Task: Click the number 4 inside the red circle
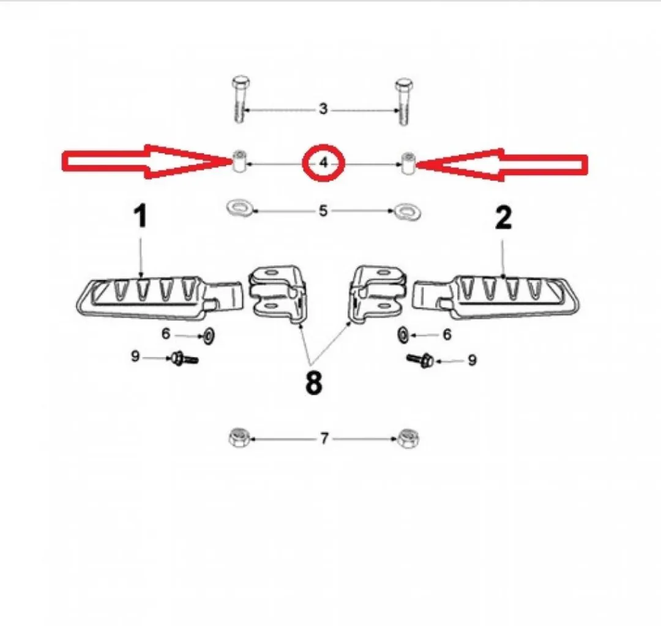point(323,162)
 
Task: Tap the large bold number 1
point(140,216)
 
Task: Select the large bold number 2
point(503,218)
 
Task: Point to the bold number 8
point(313,383)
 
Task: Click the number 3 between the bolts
point(323,109)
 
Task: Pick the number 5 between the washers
point(323,211)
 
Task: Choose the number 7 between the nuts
point(324,439)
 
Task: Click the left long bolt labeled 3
point(240,100)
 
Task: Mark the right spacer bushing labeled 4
point(407,164)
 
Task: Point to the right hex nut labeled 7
point(408,439)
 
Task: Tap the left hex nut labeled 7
point(240,437)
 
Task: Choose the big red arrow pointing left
point(502,165)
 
